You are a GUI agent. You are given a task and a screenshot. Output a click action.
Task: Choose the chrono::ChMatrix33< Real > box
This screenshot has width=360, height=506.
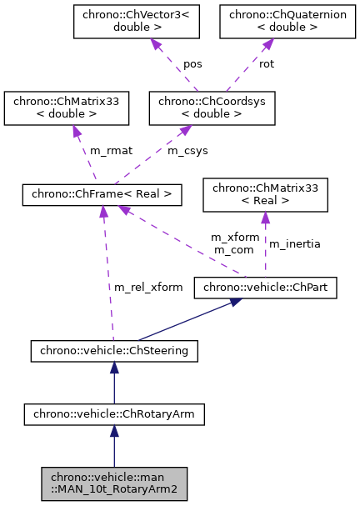[265, 194]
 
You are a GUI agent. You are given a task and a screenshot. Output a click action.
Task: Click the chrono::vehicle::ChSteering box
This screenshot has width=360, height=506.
[114, 351]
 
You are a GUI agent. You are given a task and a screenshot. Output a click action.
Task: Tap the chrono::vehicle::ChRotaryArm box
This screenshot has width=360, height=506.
[114, 413]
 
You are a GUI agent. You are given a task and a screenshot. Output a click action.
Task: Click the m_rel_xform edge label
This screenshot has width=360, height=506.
[148, 287]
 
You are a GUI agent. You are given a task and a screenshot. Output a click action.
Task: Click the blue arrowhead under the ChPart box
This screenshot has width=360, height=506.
[237, 303]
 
